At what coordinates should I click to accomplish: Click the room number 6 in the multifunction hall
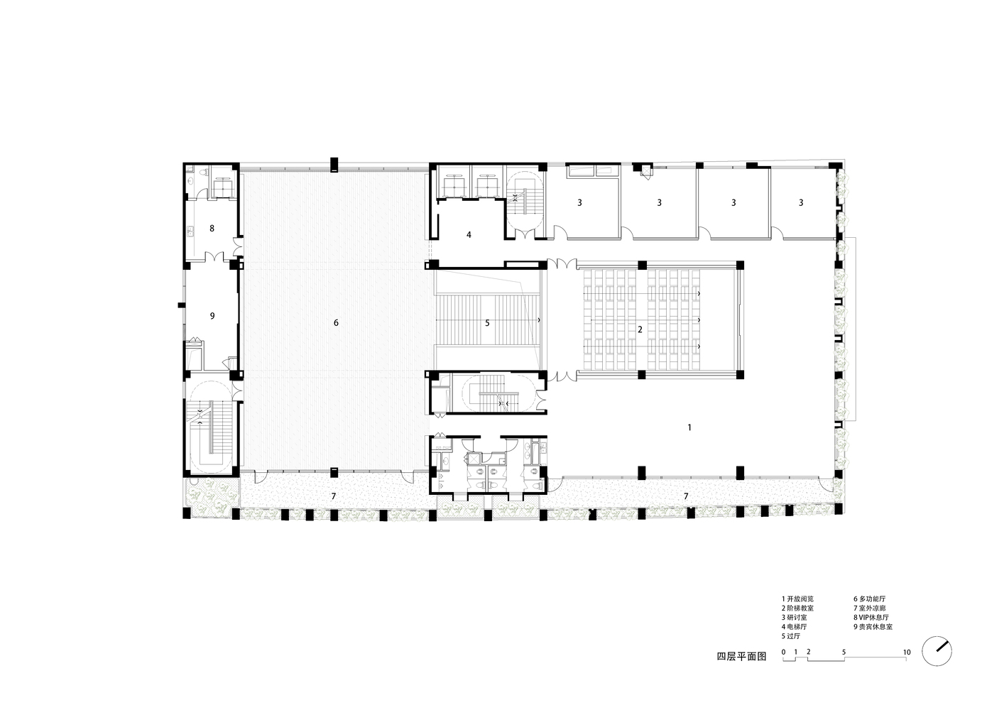click(x=336, y=323)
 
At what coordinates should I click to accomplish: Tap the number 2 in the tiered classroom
click(x=640, y=329)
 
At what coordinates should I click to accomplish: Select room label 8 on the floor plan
click(x=212, y=228)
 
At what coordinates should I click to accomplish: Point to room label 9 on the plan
click(x=212, y=316)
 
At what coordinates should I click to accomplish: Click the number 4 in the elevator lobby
click(x=469, y=234)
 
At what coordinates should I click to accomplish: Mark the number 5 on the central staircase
click(x=487, y=323)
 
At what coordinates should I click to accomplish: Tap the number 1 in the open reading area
click(x=689, y=427)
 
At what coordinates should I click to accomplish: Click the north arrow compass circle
click(x=937, y=651)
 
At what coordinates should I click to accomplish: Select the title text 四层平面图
click(x=742, y=657)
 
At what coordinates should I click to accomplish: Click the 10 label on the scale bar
click(x=907, y=652)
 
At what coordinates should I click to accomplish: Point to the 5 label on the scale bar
click(x=844, y=652)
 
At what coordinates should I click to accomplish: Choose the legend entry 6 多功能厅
click(x=870, y=599)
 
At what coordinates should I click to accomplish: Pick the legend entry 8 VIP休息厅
click(x=871, y=617)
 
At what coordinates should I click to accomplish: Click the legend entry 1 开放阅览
click(x=797, y=599)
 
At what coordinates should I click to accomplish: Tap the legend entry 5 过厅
click(x=791, y=636)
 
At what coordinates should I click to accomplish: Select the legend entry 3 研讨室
click(x=795, y=617)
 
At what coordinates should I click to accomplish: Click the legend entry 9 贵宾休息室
click(x=873, y=627)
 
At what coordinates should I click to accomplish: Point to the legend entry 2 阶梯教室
click(x=797, y=608)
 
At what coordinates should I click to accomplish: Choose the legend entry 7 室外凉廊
click(x=870, y=608)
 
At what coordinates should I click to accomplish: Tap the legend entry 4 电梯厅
click(x=795, y=627)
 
